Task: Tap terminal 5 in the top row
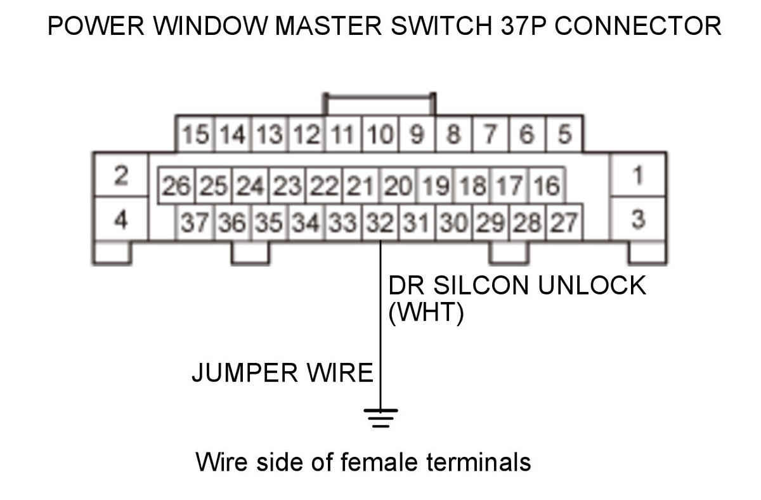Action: click(564, 135)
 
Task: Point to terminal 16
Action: click(546, 186)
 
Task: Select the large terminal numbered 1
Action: click(638, 174)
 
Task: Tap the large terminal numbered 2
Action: click(120, 174)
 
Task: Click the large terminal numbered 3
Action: click(638, 220)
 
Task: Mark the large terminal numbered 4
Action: click(120, 220)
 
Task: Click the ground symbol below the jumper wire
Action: click(380, 418)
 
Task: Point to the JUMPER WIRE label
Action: click(282, 372)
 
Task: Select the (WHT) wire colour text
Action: click(426, 313)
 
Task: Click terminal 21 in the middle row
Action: click(361, 186)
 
